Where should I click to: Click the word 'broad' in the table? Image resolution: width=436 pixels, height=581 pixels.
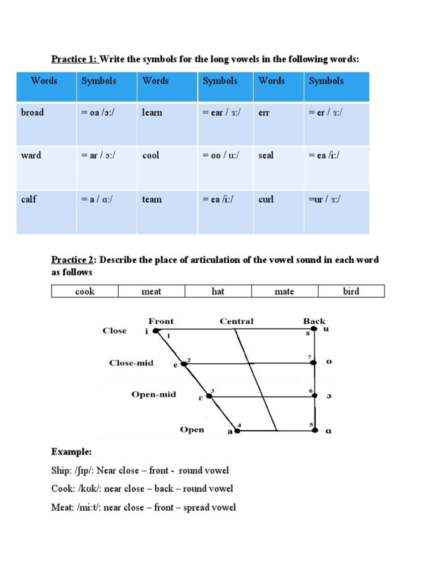tap(32, 112)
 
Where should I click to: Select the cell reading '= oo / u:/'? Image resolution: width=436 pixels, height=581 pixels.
tap(221, 155)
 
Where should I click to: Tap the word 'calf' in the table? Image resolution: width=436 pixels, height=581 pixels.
tap(29, 199)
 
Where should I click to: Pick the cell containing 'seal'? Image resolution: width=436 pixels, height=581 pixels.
tap(266, 155)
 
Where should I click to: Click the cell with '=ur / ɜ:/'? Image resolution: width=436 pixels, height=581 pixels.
tap(325, 199)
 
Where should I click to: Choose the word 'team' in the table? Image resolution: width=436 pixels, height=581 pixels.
tap(152, 199)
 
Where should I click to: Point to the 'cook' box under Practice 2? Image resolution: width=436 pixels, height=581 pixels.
tap(85, 292)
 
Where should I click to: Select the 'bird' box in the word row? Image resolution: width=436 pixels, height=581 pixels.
tap(351, 292)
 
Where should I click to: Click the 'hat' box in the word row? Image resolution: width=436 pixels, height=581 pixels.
tap(218, 292)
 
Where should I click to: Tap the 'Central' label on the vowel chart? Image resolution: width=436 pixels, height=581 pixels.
tap(236, 322)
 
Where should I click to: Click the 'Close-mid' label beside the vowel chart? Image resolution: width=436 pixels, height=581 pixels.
tap(131, 363)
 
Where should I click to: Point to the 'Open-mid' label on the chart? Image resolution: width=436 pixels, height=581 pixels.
tap(153, 394)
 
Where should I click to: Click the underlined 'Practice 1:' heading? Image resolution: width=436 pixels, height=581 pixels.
tap(74, 59)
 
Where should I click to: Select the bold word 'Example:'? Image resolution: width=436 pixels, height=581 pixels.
tap(71, 452)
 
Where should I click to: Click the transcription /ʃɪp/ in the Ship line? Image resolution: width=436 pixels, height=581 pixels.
tap(83, 470)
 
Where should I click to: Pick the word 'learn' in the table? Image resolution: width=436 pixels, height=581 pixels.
tap(152, 112)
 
